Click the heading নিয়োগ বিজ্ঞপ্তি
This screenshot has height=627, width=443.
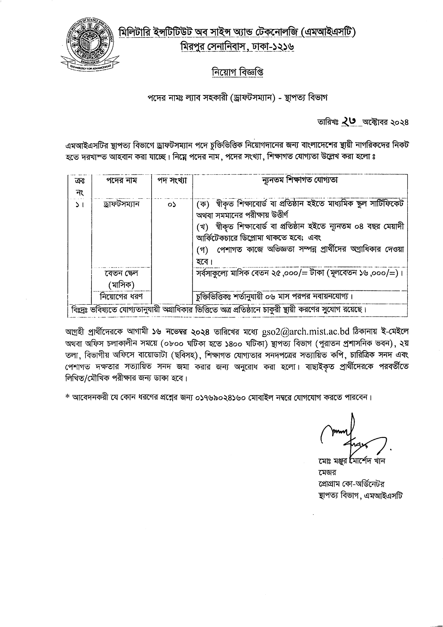[x=237, y=72]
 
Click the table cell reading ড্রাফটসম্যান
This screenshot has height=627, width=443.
[x=121, y=204]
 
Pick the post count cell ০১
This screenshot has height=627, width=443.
[x=172, y=204]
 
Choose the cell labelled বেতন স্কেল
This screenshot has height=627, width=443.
[x=121, y=273]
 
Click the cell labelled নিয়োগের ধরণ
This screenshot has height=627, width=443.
[x=121, y=296]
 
